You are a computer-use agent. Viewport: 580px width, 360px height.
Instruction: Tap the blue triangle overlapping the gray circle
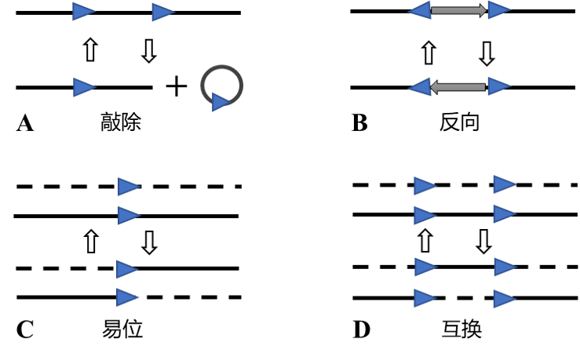pyautogui.click(x=220, y=102)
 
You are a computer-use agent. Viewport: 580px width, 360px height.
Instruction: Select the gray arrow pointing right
pyautogui.click(x=459, y=10)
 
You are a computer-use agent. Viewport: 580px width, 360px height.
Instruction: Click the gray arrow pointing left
pyautogui.click(x=458, y=87)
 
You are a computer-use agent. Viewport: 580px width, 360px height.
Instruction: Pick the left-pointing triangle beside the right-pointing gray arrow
pyautogui.click(x=421, y=10)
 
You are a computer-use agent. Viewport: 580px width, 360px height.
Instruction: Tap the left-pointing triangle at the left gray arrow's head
pyautogui.click(x=420, y=87)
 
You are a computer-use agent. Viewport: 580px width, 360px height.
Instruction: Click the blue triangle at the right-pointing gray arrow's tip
pyautogui.click(x=498, y=10)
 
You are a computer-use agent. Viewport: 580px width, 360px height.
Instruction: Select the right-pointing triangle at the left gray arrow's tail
pyautogui.click(x=498, y=86)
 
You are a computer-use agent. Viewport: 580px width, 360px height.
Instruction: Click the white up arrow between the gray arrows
pyautogui.click(x=429, y=53)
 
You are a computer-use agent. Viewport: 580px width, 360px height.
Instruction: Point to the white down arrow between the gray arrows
pyautogui.click(x=486, y=53)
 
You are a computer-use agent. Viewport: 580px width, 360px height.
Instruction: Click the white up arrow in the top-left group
pyautogui.click(x=90, y=49)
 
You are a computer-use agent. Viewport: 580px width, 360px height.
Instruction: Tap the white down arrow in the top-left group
pyautogui.click(x=148, y=50)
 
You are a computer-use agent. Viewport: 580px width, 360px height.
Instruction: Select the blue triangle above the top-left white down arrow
pyautogui.click(x=162, y=12)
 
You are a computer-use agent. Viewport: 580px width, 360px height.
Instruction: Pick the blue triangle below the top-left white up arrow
pyautogui.click(x=83, y=87)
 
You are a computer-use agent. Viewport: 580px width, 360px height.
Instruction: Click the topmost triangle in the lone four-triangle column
pyautogui.click(x=128, y=187)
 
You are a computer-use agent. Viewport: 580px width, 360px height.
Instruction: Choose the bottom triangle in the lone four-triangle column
pyautogui.click(x=126, y=297)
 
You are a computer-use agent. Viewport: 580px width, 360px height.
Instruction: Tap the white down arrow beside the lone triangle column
pyautogui.click(x=149, y=242)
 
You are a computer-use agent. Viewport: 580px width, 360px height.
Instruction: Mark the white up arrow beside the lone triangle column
pyautogui.click(x=91, y=242)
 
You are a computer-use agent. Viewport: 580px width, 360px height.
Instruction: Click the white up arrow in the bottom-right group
pyautogui.click(x=425, y=241)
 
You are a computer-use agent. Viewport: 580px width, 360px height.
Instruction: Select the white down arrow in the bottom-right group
pyautogui.click(x=483, y=241)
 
